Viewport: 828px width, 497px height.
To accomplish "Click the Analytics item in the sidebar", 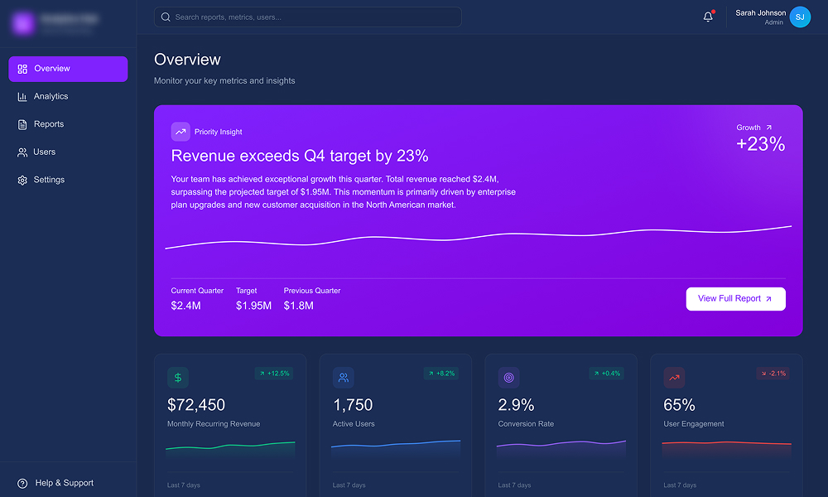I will point(51,97).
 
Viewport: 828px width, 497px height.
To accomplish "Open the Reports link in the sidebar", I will point(49,124).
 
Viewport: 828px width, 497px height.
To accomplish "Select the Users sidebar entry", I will point(45,152).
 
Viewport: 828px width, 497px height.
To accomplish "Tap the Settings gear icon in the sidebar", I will point(22,181).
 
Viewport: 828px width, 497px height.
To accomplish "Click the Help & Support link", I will point(64,483).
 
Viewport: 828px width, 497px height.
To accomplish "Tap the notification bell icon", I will point(708,17).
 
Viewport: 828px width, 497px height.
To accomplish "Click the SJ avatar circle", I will point(800,17).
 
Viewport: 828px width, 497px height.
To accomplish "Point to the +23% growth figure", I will point(760,144).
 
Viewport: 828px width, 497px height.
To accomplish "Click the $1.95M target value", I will point(253,306).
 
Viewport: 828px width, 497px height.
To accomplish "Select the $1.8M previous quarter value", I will point(298,306).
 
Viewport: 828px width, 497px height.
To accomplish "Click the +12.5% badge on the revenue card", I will point(274,374).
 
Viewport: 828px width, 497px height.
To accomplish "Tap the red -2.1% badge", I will point(772,374).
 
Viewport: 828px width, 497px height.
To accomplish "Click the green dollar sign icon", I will point(178,378).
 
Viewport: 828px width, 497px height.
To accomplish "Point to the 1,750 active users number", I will point(353,405).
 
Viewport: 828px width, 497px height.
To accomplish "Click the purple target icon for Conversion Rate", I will point(509,378).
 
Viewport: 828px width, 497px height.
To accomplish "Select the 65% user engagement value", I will point(679,405).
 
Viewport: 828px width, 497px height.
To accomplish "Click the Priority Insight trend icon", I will point(181,132).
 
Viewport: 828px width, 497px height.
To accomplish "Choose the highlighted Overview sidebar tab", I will point(68,69).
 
